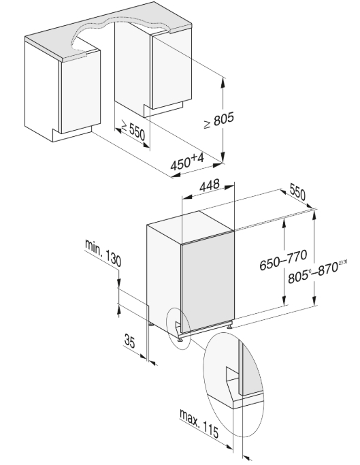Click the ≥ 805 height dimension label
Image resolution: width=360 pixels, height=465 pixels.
pos(219,121)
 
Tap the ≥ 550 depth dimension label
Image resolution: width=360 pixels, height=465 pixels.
pos(133,130)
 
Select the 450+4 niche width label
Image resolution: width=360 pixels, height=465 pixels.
pos(187,161)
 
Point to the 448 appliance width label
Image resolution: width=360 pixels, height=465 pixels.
pos(210,185)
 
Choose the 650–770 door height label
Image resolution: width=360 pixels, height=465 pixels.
pos(282,260)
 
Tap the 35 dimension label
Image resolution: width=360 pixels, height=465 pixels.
pos(129,340)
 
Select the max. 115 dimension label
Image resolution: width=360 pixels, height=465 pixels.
pos(199,423)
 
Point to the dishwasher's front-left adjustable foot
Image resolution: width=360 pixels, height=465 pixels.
pos(180,338)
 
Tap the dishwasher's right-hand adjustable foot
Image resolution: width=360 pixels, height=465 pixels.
pos(230,327)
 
